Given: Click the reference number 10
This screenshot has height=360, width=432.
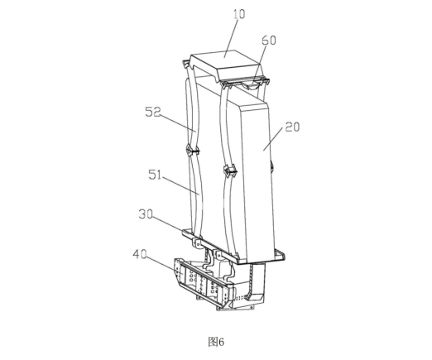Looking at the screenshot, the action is [x=239, y=14].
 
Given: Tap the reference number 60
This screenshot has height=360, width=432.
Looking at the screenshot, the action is [x=268, y=41].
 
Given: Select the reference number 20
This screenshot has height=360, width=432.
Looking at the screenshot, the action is [x=292, y=127].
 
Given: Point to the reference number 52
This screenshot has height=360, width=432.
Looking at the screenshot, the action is [x=153, y=112].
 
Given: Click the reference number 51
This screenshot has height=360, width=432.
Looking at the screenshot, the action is [x=155, y=175].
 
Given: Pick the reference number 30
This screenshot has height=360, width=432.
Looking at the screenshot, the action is [x=146, y=214].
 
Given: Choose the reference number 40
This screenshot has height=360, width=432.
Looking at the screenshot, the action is [x=140, y=254].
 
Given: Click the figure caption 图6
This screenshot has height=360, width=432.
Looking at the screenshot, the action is [x=216, y=342].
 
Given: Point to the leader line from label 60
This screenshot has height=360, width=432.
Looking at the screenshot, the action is [x=259, y=65].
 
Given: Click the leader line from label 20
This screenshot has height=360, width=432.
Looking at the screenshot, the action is [x=274, y=139].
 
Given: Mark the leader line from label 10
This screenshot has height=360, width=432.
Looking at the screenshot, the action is [x=231, y=38].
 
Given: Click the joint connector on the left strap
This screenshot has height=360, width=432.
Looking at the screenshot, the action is [x=191, y=151].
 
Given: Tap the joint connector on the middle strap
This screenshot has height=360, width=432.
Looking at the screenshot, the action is [x=229, y=171].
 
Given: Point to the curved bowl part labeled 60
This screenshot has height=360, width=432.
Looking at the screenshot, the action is [x=252, y=86].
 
